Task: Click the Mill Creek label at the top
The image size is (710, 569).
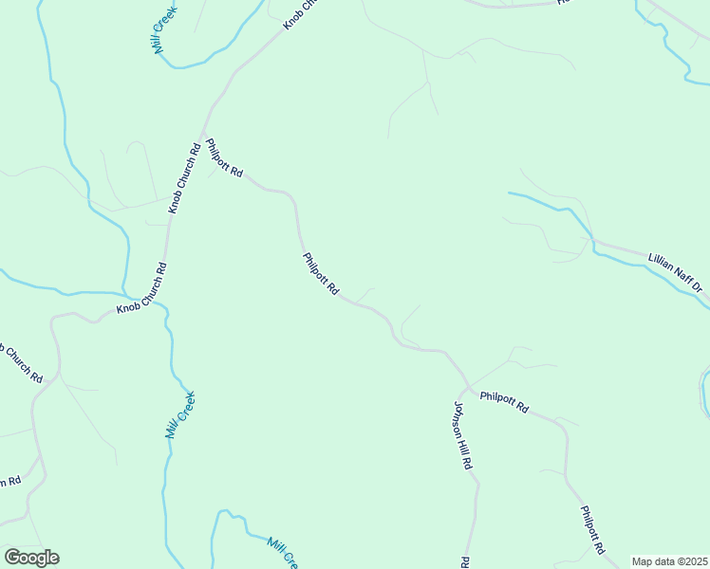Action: point(171,33)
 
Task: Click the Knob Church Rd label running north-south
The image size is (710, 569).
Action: point(184,176)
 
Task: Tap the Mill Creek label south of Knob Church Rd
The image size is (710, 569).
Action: point(179,414)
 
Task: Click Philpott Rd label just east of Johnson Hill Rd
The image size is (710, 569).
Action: point(504,402)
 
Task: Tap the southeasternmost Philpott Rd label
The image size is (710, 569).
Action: point(591,529)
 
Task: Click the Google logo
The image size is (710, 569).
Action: point(31,558)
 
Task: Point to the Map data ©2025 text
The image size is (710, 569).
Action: point(668,561)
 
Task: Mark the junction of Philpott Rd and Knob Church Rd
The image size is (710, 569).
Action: point(201,130)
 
